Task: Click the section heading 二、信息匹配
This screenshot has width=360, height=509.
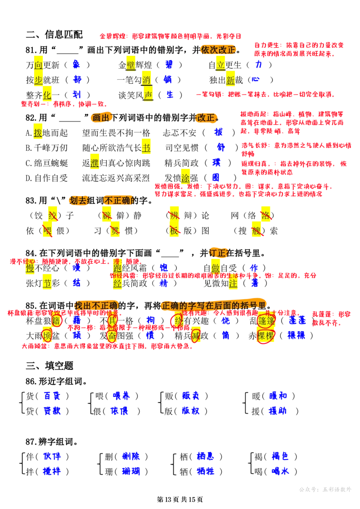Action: point(54,34)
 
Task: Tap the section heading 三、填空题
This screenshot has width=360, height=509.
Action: point(49,365)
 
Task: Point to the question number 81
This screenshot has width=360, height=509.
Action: point(32,50)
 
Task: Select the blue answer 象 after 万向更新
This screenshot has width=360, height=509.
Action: point(76,65)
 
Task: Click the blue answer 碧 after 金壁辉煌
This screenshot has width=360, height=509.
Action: point(169,65)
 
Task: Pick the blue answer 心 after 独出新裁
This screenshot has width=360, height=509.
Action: point(256,79)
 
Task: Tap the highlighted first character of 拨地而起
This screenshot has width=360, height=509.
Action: point(38,132)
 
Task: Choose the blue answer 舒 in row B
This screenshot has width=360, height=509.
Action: point(221,147)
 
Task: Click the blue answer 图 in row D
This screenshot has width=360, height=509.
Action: point(216,177)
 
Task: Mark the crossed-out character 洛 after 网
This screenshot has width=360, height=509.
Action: point(265,215)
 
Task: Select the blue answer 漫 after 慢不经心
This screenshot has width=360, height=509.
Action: point(76,268)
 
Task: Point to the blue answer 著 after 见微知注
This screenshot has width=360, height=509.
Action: point(255,283)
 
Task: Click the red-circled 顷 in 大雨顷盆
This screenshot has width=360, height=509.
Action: point(47,335)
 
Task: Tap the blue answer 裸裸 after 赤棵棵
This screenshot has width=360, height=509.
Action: point(296,335)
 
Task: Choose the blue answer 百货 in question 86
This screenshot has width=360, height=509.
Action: point(52,396)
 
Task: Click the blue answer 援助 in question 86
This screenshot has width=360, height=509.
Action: point(278,411)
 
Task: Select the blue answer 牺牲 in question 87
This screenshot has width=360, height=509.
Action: point(205,471)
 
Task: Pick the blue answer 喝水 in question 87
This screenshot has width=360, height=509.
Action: point(280,471)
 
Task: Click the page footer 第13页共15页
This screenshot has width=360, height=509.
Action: point(180,500)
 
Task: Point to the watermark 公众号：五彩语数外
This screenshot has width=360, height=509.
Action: point(325,490)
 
